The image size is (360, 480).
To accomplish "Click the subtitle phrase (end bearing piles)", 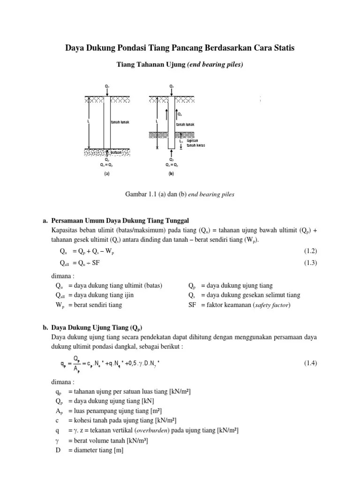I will point(215,65).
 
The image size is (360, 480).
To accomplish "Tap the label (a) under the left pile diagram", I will point(107,173).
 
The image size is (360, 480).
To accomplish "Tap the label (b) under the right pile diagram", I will point(171,173).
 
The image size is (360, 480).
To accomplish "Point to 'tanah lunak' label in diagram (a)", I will point(120,122).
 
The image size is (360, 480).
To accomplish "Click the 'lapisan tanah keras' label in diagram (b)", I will point(195,142).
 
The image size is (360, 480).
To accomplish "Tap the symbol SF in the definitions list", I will point(192,305).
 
